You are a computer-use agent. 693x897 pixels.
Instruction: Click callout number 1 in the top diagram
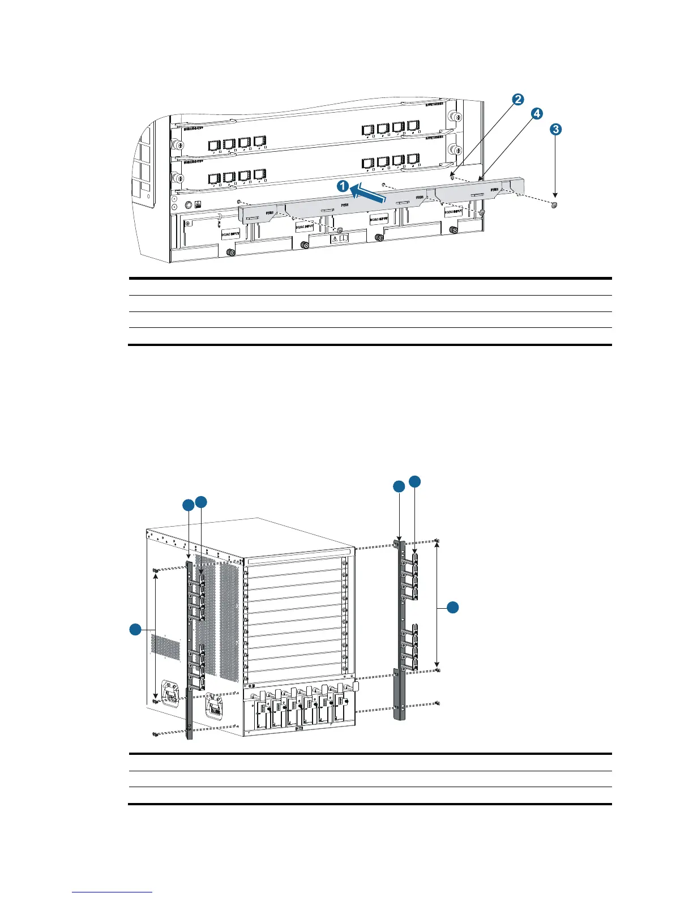coord(341,186)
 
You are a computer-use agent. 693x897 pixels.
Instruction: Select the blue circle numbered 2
coord(517,100)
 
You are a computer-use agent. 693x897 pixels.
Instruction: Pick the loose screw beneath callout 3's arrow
coord(554,204)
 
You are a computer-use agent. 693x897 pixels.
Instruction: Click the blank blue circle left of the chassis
coord(135,629)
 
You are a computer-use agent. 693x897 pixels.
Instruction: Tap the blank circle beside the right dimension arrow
coord(452,608)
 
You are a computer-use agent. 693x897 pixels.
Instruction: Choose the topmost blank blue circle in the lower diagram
coord(415,481)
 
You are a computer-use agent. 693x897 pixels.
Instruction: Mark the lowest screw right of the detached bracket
coord(439,703)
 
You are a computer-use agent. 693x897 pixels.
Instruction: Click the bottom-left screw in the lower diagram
coord(155,734)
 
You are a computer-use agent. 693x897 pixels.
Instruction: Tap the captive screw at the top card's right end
coord(452,115)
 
